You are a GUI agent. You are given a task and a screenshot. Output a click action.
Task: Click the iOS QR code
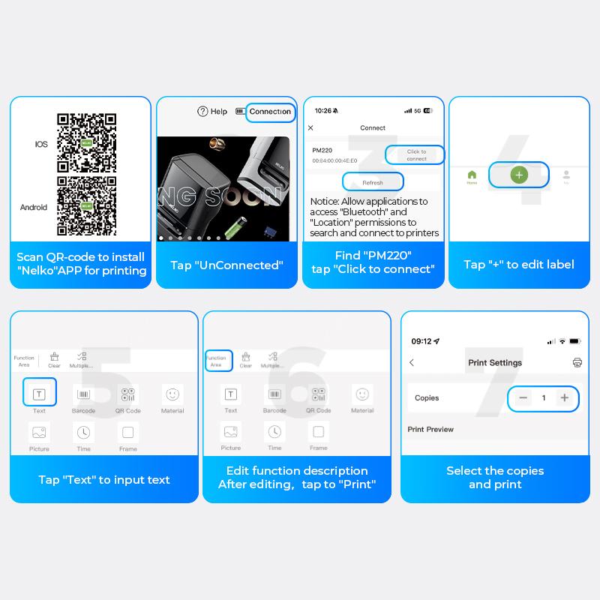tap(87, 142)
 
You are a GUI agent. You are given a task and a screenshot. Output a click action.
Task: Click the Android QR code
tap(87, 205)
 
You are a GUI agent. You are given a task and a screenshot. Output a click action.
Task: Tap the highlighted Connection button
tap(270, 112)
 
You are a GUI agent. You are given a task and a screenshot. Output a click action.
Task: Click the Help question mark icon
tap(202, 112)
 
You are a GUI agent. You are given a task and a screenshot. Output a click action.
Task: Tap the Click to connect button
tap(415, 155)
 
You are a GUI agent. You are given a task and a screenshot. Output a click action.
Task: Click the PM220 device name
tap(322, 150)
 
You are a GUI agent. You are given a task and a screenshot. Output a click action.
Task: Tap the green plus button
tap(519, 175)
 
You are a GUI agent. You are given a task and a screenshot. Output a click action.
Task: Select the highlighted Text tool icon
tap(39, 394)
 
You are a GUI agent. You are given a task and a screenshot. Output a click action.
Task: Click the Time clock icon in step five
tap(83, 432)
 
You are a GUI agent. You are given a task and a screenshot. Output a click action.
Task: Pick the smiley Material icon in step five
tap(172, 394)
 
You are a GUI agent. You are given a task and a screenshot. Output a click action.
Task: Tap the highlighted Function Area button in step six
tap(218, 361)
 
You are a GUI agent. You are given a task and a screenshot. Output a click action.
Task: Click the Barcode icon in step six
tap(274, 394)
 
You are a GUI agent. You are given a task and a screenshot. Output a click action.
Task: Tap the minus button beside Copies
tap(523, 398)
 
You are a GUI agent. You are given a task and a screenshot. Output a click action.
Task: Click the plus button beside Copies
tap(564, 398)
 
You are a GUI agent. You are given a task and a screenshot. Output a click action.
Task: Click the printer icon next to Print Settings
tap(577, 362)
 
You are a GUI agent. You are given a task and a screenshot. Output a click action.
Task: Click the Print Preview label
tap(430, 430)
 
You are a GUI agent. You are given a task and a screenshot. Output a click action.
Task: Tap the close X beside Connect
tap(311, 128)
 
